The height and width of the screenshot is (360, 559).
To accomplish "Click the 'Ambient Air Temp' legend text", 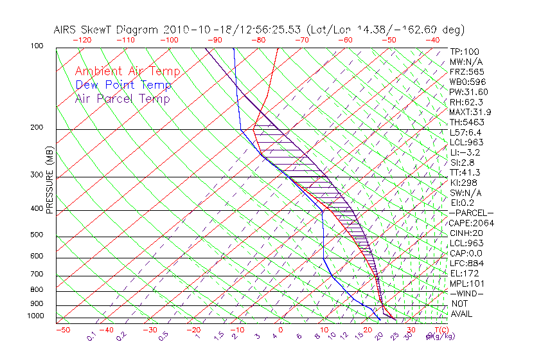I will pyautogui.click(x=127, y=71).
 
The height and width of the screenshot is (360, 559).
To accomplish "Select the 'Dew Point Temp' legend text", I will pyautogui.click(x=123, y=85).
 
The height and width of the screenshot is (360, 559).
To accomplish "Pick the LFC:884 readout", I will pyautogui.click(x=466, y=263).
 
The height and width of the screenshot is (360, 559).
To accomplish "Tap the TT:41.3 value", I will pyautogui.click(x=465, y=172).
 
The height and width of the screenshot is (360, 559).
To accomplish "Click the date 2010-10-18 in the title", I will pyautogui.click(x=193, y=30).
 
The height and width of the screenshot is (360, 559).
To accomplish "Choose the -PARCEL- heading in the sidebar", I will pyautogui.click(x=472, y=213).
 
